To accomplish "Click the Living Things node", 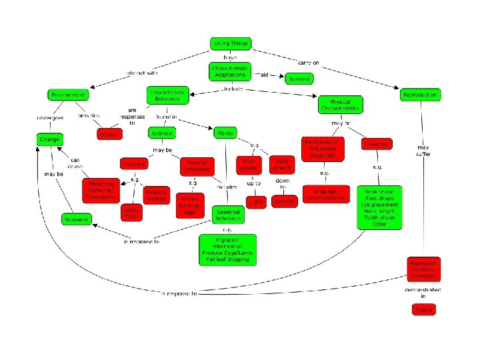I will [x=230, y=44].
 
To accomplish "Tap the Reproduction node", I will [x=421, y=95].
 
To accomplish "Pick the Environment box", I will [x=67, y=95].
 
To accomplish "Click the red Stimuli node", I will [x=108, y=135].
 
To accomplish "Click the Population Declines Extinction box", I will [x=424, y=269].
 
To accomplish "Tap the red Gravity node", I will [x=283, y=201].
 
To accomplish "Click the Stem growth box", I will [x=249, y=165].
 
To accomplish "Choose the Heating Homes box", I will [x=157, y=195].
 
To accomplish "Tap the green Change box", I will [x=49, y=139].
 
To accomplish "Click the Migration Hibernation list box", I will [x=227, y=249].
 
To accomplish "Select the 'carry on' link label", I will [x=308, y=63].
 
